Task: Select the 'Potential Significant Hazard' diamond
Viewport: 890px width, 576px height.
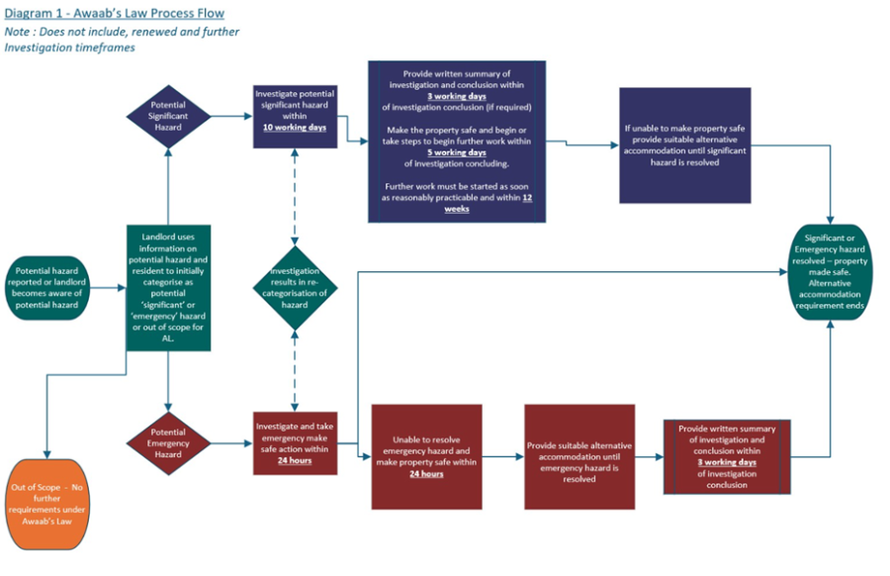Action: [167, 116]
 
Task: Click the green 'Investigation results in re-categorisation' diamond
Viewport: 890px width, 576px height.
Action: [294, 288]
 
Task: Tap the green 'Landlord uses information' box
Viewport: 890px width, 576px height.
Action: [167, 288]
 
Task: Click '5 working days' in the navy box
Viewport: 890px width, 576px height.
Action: [456, 152]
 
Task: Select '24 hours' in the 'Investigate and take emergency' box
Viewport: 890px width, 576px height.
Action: [295, 460]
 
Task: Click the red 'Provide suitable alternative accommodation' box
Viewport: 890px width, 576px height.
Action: [579, 456]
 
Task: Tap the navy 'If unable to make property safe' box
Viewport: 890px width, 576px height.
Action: [684, 144]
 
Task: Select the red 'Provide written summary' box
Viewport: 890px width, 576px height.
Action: [727, 456]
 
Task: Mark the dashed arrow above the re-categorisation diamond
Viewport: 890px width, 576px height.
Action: [294, 198]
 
